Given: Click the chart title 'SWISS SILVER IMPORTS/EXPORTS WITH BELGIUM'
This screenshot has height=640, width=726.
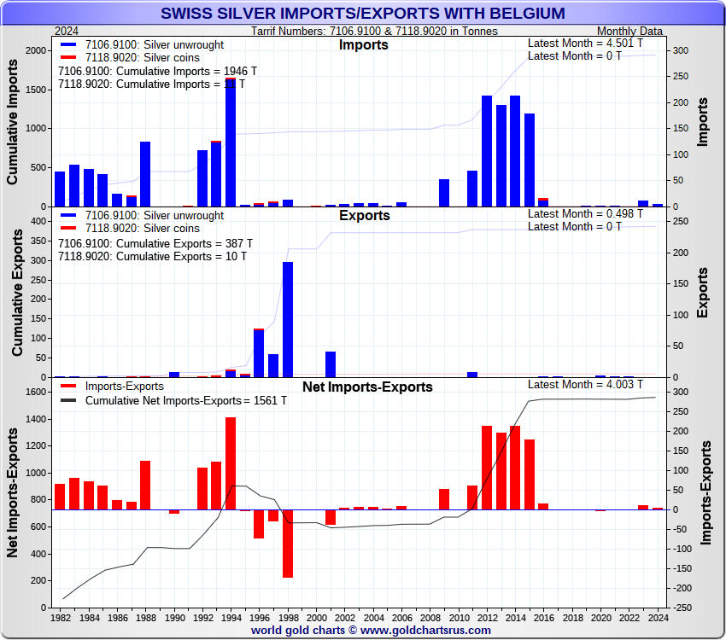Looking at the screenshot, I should [362, 13].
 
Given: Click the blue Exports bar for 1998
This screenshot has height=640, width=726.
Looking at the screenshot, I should [288, 319].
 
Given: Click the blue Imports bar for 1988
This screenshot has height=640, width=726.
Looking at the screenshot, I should [145, 174].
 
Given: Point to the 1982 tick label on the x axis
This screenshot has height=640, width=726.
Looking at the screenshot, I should [60, 617].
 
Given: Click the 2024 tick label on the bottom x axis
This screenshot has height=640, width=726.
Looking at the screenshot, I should [658, 617].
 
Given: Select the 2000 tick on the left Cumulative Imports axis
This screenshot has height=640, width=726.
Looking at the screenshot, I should [37, 50].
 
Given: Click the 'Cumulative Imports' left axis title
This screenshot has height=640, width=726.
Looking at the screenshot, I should [14, 123].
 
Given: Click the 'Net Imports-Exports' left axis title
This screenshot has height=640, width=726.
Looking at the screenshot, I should [14, 493].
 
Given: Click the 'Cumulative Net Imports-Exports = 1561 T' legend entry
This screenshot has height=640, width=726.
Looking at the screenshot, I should [171, 400].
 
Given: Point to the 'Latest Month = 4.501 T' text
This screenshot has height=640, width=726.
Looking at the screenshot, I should [585, 44].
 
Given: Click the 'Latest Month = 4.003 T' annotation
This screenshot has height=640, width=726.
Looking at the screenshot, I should [585, 385].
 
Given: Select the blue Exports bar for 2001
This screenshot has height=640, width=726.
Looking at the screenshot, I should [331, 364].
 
